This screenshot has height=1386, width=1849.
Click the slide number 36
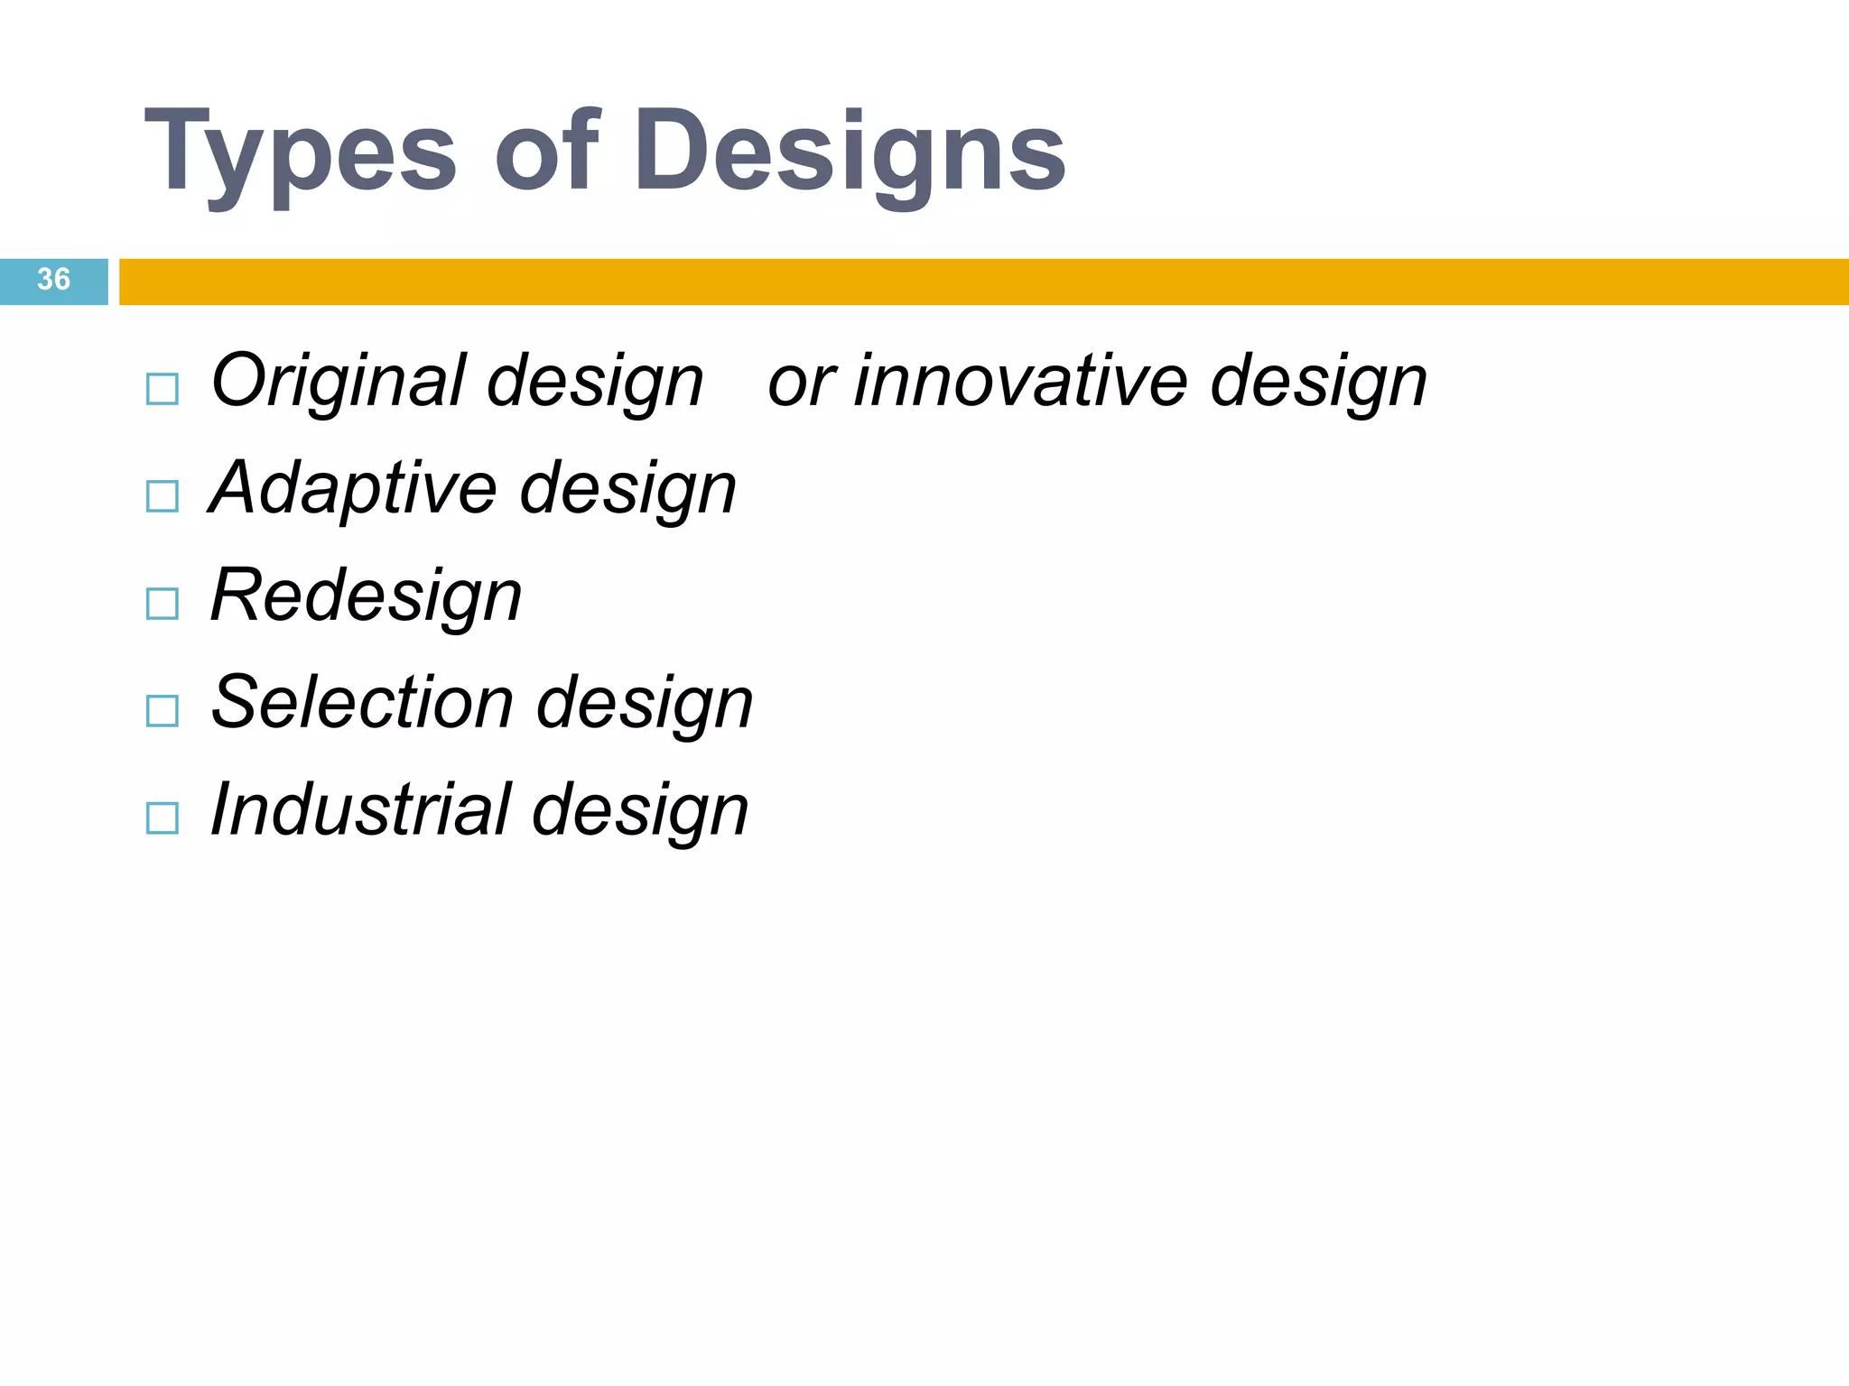53,280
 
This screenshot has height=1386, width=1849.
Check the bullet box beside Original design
163,390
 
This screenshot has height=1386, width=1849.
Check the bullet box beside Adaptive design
163,496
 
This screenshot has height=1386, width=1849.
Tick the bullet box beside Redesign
163,604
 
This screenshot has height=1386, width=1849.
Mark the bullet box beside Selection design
163,711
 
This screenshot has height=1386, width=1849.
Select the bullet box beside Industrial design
163,818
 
